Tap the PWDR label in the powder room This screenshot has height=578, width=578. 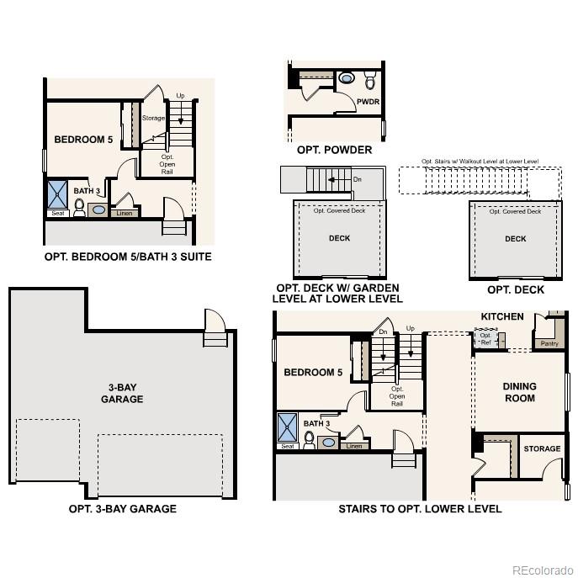tap(368, 102)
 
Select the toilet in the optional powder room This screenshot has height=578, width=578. tap(370, 81)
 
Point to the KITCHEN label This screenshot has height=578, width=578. tap(502, 316)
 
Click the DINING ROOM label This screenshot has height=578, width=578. tap(519, 392)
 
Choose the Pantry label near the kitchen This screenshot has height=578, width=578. tap(549, 343)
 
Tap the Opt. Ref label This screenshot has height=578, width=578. tap(485, 339)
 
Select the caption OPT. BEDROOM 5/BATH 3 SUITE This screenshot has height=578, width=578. tap(127, 257)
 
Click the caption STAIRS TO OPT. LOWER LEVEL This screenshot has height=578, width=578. tap(420, 509)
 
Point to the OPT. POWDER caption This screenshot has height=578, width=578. tap(334, 150)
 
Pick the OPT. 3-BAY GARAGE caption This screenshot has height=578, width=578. tap(123, 509)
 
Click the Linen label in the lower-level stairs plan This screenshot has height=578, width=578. tap(354, 446)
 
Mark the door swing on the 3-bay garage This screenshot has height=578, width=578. tap(215, 323)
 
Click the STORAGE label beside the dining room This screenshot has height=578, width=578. tap(542, 448)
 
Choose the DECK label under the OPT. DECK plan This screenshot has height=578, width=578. tap(515, 239)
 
